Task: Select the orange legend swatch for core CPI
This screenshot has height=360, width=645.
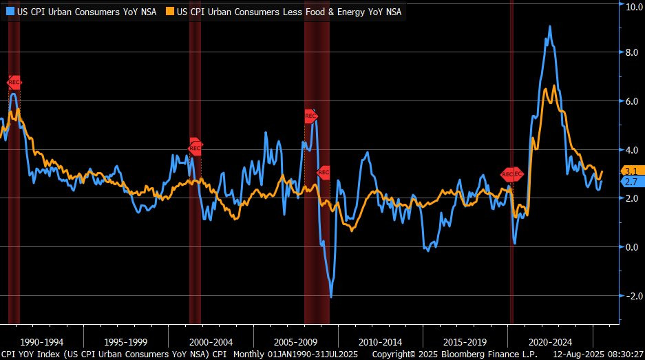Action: coord(171,12)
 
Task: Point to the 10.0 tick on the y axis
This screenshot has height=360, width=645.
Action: coord(632,6)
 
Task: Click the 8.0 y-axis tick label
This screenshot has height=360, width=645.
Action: coord(632,52)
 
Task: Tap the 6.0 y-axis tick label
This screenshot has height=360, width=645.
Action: coord(632,101)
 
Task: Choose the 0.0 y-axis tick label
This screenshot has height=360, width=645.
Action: coord(632,247)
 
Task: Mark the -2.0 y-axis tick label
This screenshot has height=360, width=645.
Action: coord(631,296)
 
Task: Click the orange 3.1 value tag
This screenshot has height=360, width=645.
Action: coord(631,171)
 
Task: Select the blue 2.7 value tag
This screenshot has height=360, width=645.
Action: coord(631,182)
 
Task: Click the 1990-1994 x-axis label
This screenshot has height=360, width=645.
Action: coord(42,342)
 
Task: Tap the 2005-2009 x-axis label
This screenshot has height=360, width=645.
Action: coord(296,342)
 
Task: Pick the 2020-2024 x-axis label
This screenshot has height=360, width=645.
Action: coord(550,342)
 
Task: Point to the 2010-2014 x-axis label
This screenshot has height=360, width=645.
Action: coord(381,342)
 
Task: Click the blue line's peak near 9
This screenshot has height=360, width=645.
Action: coord(549,28)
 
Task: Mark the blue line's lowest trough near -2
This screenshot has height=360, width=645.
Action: coord(331,297)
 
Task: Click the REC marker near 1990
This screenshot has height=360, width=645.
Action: coord(14,82)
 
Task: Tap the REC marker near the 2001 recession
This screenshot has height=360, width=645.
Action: coord(195,146)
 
